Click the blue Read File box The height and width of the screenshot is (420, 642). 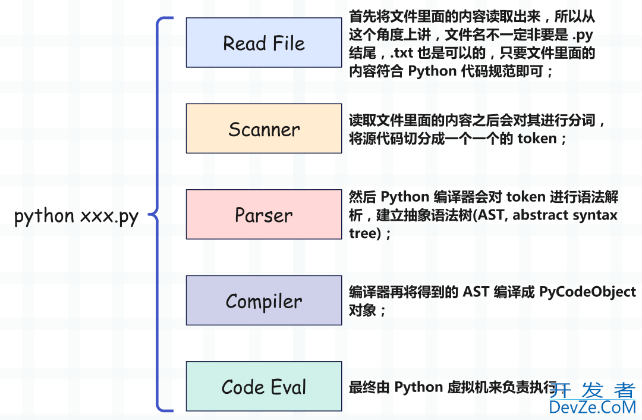point(263,42)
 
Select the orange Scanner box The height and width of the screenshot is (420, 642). point(263,128)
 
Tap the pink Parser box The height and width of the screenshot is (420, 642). point(263,214)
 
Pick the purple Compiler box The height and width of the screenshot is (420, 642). point(263,300)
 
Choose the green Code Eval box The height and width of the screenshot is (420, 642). point(263,386)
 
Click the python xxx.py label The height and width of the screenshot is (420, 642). point(76,216)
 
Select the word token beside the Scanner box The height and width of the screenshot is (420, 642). point(537,139)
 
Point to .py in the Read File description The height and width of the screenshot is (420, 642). point(584,36)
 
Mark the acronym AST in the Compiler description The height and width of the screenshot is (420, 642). point(477,292)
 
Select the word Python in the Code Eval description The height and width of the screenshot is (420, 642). point(417,387)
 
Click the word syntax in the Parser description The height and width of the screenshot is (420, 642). point(596,215)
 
